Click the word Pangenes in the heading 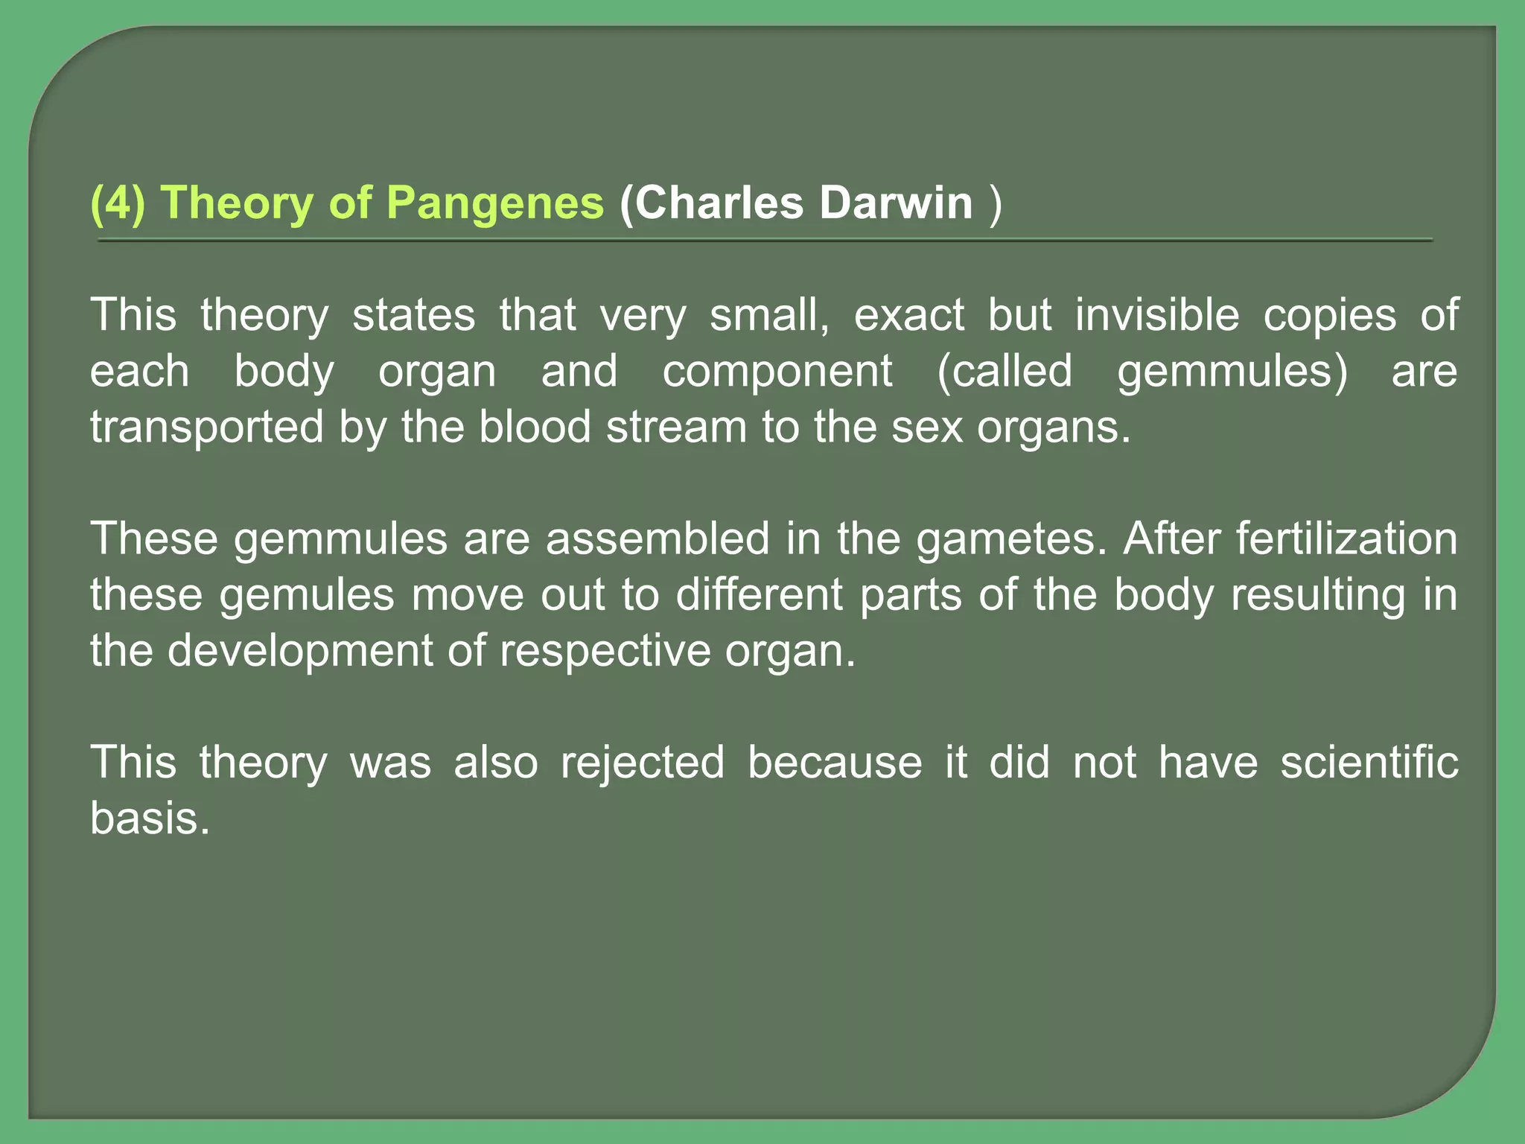(x=495, y=203)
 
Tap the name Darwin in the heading (x=897, y=203)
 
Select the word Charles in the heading (x=719, y=203)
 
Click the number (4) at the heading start (x=117, y=203)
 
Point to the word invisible (x=1157, y=315)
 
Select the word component (x=777, y=371)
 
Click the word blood (x=535, y=428)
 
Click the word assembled (x=658, y=538)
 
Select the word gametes (x=1011, y=538)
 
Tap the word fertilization (x=1346, y=538)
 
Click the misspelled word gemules (x=307, y=595)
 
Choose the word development (x=299, y=651)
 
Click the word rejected (x=643, y=763)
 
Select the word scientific (x=1369, y=763)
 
